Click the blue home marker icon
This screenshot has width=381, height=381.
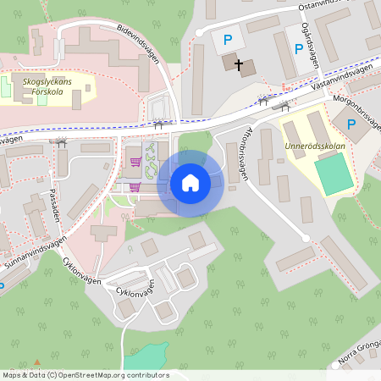pyautogui.click(x=190, y=182)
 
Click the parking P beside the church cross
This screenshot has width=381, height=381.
pyautogui.click(x=226, y=39)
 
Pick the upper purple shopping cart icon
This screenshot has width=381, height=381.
pyautogui.click(x=135, y=160)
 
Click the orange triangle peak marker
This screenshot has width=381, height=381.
pyautogui.click(x=36, y=362)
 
